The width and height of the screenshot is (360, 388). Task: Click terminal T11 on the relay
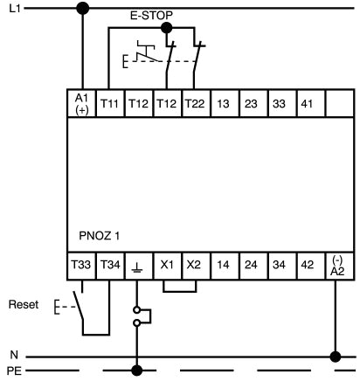pyautogui.click(x=110, y=104)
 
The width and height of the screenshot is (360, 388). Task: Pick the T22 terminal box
pyautogui.click(x=194, y=104)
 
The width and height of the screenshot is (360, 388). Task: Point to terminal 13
pyautogui.click(x=223, y=104)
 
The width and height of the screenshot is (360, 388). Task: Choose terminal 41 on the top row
pyautogui.click(x=308, y=104)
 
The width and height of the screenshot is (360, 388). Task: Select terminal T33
pyautogui.click(x=82, y=262)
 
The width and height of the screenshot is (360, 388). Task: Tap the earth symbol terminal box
pyautogui.click(x=137, y=262)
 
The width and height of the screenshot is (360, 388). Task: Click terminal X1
pyautogui.click(x=166, y=262)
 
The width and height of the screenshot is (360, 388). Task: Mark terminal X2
pyautogui.click(x=194, y=262)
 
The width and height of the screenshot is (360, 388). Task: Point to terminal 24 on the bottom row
pyautogui.click(x=251, y=262)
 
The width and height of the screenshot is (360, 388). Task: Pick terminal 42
pyautogui.click(x=308, y=262)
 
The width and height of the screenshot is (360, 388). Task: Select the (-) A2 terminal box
pyautogui.click(x=336, y=264)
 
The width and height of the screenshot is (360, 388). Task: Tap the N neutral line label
pyautogui.click(x=12, y=356)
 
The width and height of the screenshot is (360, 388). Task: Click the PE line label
pyautogui.click(x=12, y=371)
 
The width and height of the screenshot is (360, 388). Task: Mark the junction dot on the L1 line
pyautogui.click(x=82, y=9)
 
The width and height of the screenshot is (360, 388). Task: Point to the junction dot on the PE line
pyautogui.click(x=137, y=371)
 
